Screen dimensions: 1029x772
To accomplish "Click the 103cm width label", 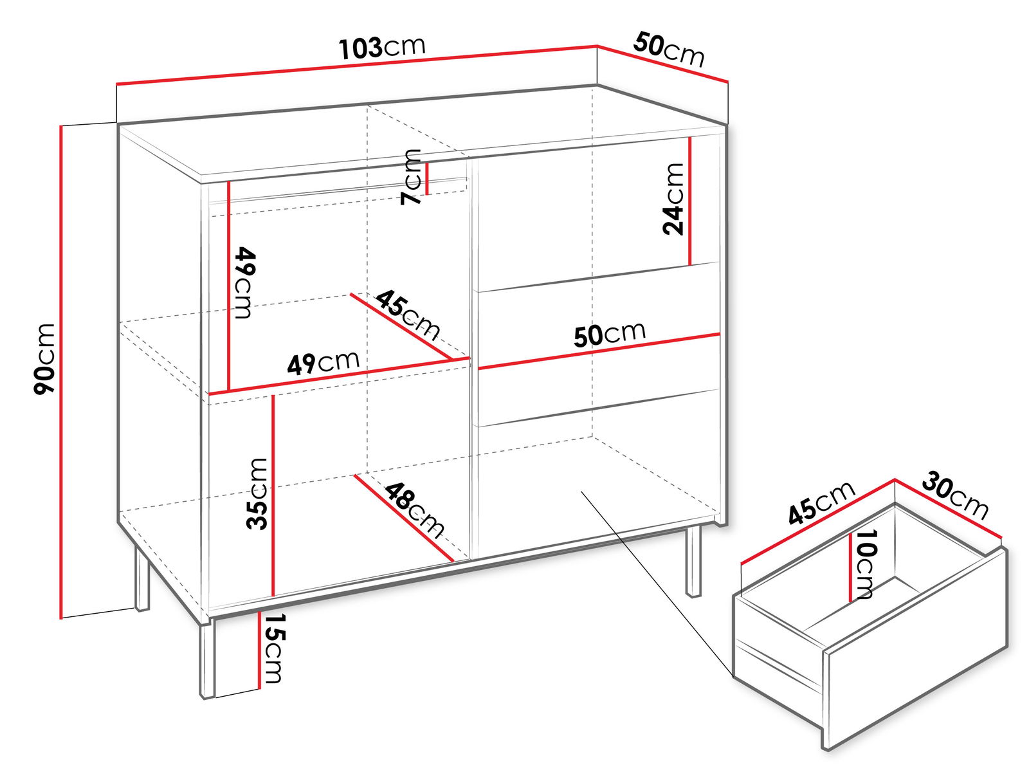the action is point(381,48).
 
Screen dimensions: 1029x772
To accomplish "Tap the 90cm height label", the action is point(45,358).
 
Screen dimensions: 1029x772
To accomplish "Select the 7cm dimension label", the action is point(411,177).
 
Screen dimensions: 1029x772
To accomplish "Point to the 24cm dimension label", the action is point(673,199).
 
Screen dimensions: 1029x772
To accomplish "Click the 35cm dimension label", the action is point(257,493).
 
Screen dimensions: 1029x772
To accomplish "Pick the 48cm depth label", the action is point(414,510).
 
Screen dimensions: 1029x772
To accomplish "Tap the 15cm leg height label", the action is point(273,648).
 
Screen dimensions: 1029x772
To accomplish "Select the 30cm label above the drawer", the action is point(955,496).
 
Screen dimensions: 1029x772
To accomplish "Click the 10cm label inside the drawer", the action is point(866,564).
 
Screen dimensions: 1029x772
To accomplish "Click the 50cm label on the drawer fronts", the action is point(610,334).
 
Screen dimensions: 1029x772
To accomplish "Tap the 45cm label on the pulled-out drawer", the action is point(821,502).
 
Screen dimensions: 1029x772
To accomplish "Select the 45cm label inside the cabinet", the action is point(408,315).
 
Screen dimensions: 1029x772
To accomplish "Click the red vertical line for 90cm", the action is point(61,372).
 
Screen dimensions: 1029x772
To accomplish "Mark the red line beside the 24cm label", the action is point(690,201).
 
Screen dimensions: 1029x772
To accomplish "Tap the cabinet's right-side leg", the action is point(693,562).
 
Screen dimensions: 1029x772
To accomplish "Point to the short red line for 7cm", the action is point(427,179).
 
